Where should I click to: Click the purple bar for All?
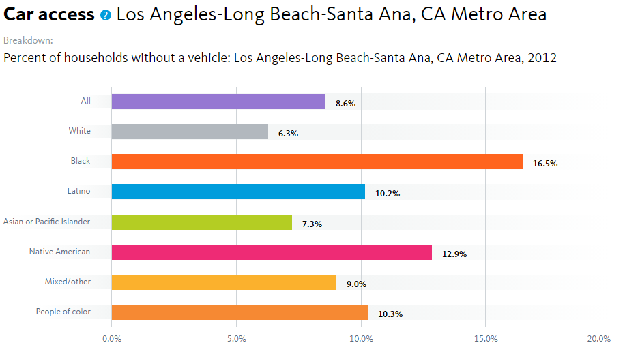218,102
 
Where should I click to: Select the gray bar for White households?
190,132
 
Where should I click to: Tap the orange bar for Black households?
317,162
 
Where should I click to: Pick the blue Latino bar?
238,192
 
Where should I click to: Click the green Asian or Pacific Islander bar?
201,222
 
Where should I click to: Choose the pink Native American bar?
272,252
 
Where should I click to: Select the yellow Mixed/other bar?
224,282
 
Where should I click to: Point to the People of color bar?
239,312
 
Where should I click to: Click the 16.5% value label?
545,164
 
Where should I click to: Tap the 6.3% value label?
288,134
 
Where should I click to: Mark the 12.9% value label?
454,254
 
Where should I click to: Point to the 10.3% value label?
390,314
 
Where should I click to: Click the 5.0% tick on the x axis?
236,339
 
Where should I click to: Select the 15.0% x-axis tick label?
486,339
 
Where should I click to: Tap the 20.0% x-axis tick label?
598,339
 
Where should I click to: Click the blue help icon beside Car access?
105,14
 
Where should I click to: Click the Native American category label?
59,252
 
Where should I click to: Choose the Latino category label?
78,191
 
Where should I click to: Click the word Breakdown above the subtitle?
28,41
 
